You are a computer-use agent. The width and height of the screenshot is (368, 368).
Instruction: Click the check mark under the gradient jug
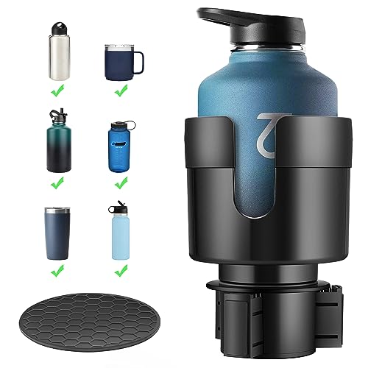[x=57, y=183]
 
